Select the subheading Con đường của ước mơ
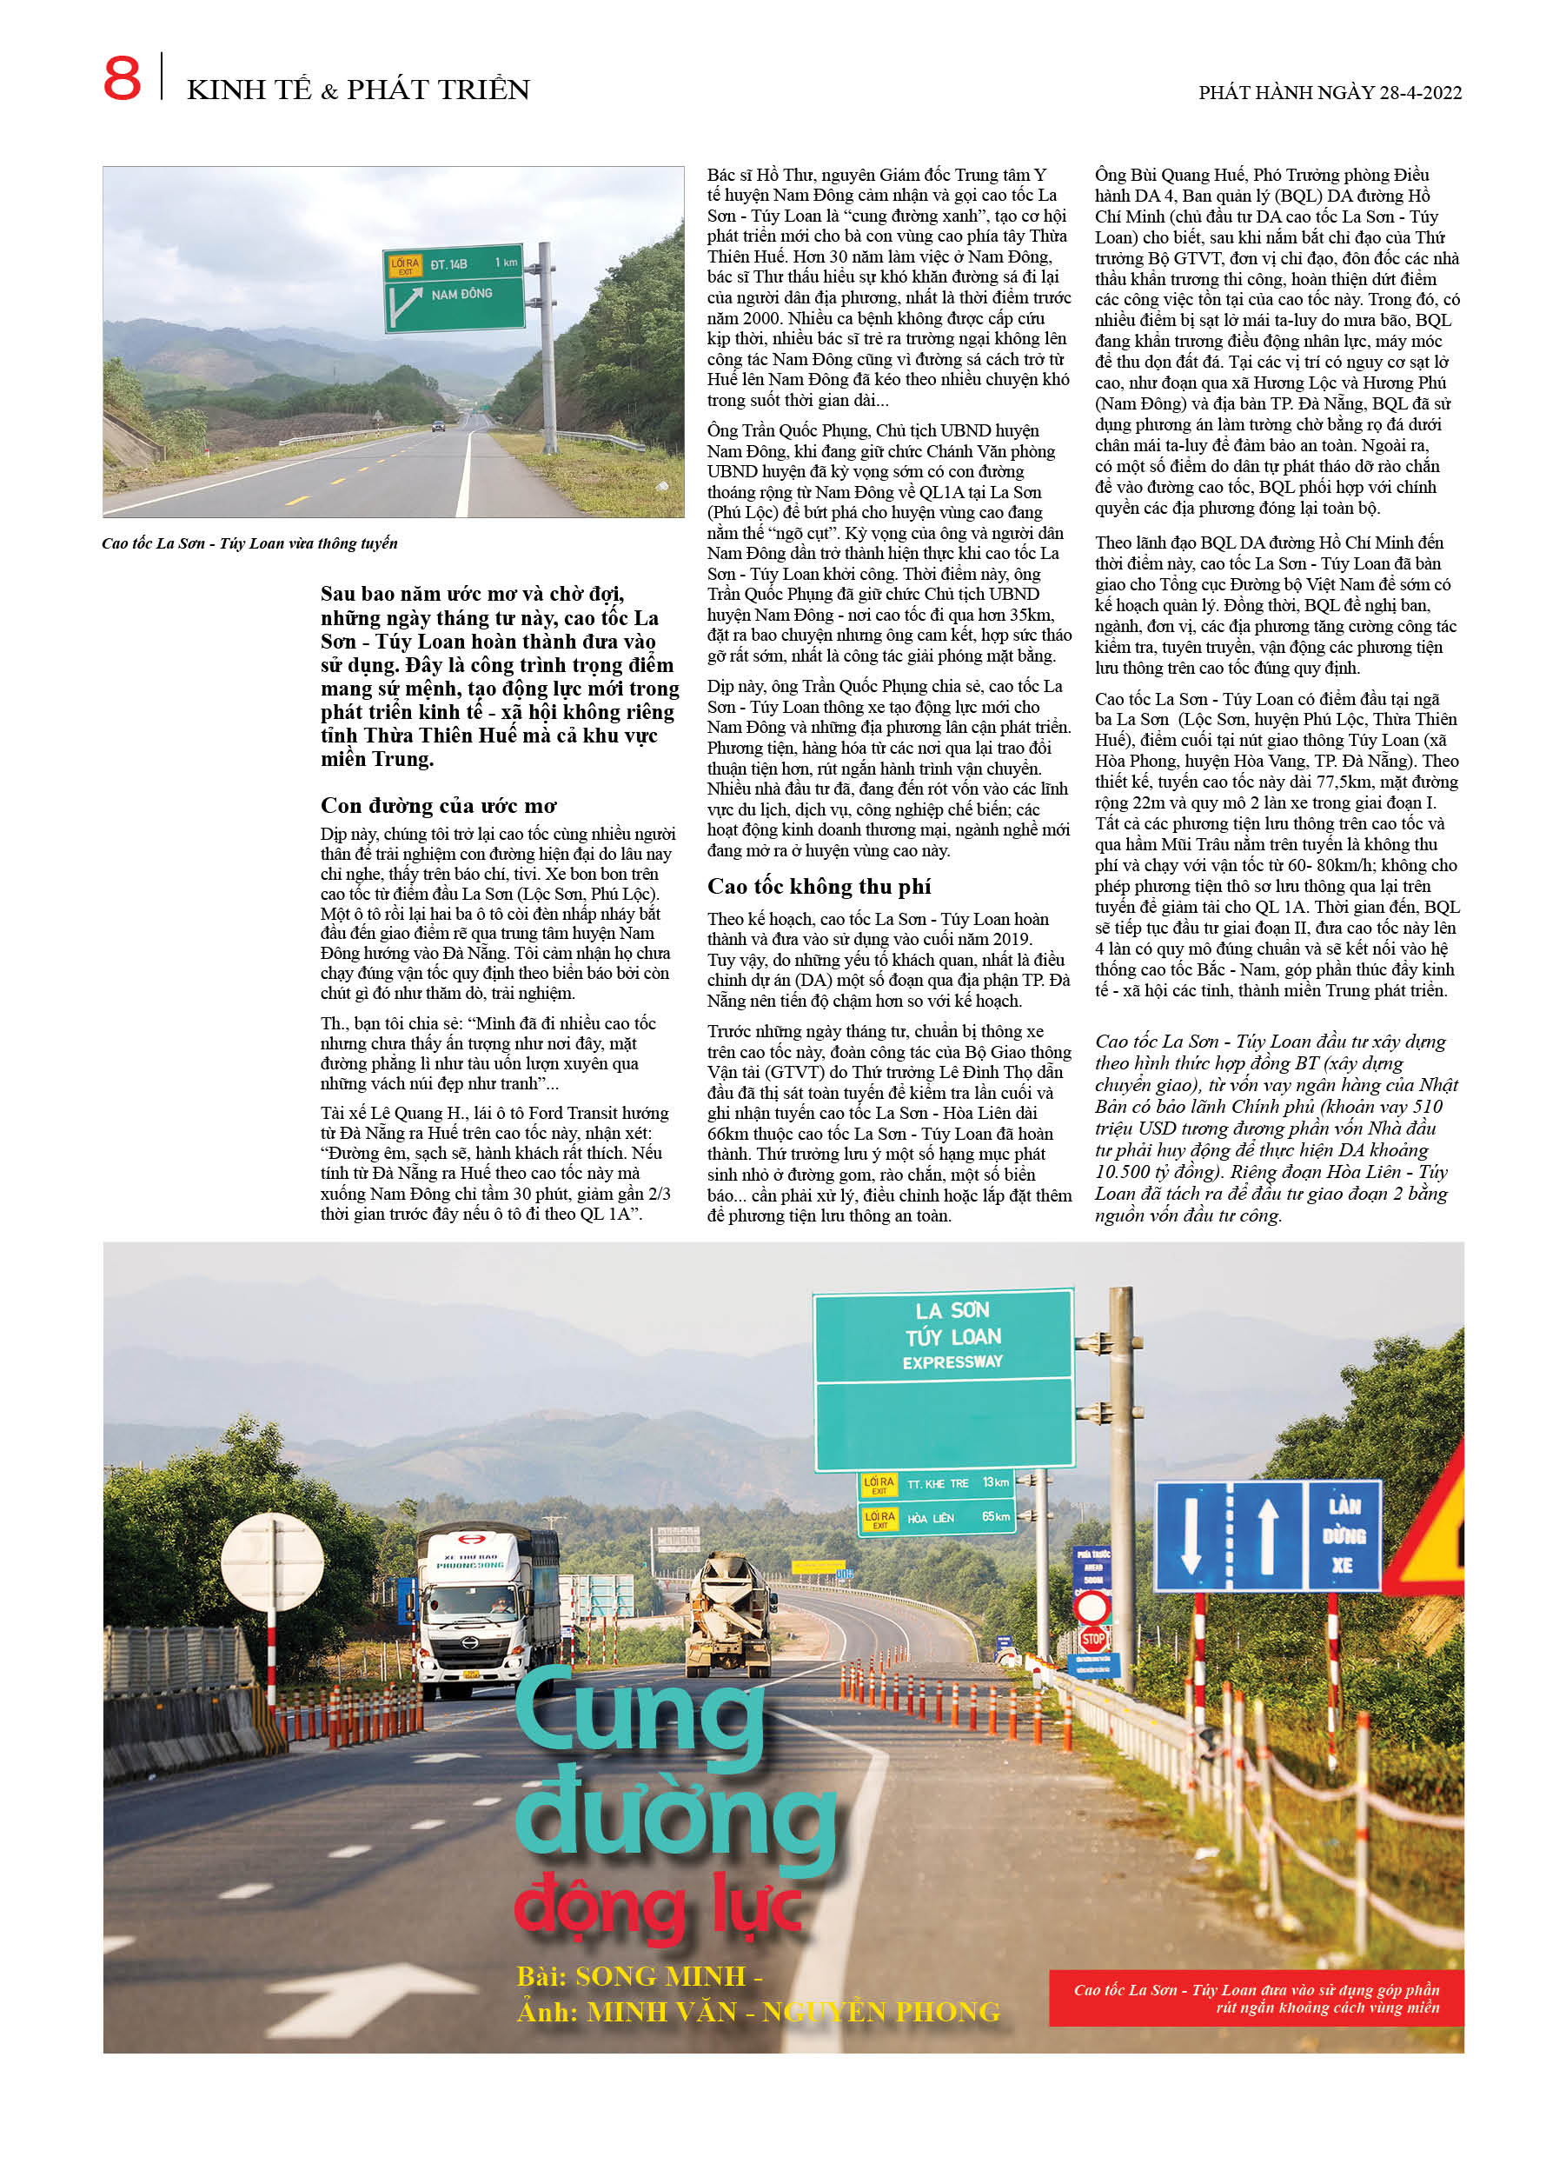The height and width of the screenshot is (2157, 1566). tap(438, 806)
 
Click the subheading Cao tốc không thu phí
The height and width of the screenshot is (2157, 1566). tap(819, 887)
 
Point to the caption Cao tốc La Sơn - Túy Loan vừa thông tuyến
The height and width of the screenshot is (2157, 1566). tap(249, 544)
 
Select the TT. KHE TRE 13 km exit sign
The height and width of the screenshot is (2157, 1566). tap(938, 1482)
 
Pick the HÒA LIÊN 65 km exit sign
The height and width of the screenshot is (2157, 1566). tap(938, 1517)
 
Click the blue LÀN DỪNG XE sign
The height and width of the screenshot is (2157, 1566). tap(1344, 1535)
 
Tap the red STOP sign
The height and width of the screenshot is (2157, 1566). tap(1092, 1638)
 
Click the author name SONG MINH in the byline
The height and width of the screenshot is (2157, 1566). tap(660, 1976)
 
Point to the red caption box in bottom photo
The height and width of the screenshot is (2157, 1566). tap(1255, 1998)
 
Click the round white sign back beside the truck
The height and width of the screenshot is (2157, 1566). tap(273, 1561)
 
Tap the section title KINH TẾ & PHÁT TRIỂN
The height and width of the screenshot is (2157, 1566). tap(358, 90)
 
